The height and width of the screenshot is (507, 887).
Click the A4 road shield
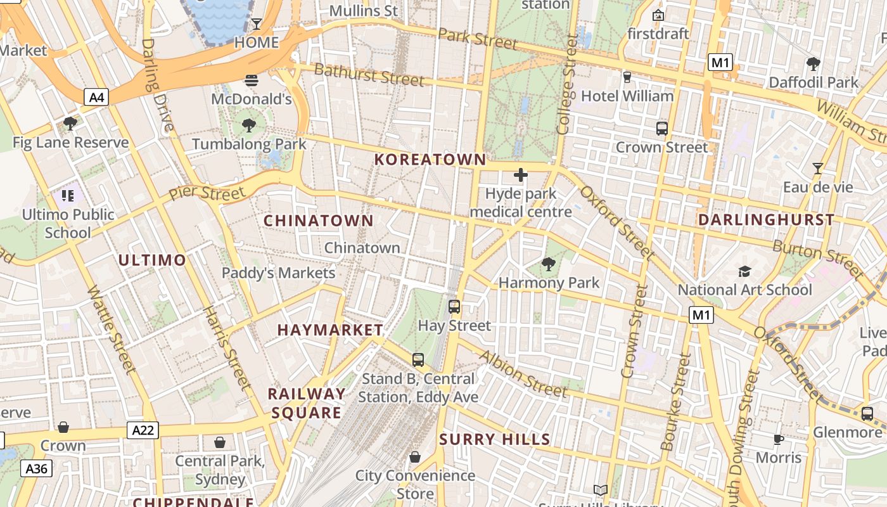(97, 97)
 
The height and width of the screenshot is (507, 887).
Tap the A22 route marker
(142, 430)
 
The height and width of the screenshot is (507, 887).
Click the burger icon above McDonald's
(252, 80)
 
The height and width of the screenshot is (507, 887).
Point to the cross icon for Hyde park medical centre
(521, 175)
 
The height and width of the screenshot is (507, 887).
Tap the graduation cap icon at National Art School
(744, 271)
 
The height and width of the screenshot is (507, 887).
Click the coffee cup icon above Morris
(779, 439)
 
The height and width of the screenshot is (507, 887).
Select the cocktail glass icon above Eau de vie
(818, 169)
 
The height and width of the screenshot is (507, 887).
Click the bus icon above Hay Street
(454, 307)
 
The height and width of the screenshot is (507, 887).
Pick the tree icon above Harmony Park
(549, 264)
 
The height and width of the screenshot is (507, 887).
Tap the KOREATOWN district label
(430, 160)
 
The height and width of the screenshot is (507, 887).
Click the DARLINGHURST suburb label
(766, 220)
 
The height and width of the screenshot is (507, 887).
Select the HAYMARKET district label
(330, 330)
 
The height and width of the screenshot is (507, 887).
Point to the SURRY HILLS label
(495, 440)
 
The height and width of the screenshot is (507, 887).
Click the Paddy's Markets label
(278, 273)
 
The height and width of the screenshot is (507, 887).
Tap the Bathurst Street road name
(369, 75)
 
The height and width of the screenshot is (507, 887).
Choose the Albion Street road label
(523, 374)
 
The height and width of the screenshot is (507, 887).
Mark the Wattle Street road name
(112, 330)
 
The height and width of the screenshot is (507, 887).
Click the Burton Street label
(818, 257)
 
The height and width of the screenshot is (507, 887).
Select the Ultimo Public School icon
(68, 196)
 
